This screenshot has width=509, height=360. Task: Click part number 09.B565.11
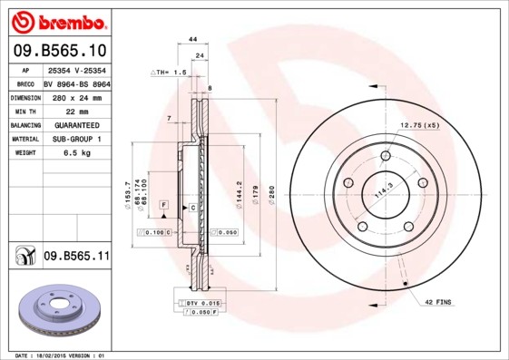76,257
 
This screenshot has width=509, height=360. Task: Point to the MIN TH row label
24,111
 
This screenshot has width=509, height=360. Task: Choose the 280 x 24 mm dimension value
77,96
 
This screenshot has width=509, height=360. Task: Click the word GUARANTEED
77,124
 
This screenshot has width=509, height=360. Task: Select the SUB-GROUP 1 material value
77,139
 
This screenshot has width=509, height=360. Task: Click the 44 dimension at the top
192,40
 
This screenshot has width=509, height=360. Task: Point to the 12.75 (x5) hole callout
419,125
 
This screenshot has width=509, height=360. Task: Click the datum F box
163,207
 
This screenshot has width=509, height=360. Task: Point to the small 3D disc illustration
59,308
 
